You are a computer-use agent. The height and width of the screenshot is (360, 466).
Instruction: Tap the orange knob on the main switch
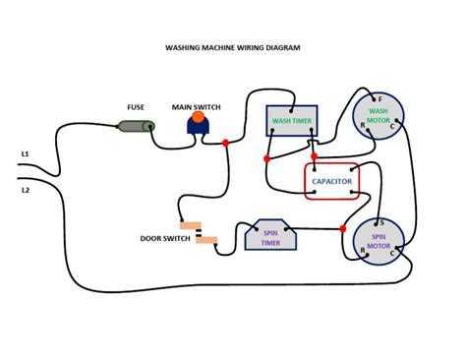tap(197, 118)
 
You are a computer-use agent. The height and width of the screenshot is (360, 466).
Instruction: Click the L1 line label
tap(26, 155)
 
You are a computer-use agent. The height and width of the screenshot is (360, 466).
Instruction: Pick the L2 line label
tap(26, 189)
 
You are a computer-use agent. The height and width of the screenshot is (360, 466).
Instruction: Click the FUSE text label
tap(137, 106)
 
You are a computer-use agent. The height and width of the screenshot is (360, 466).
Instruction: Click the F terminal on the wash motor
tap(379, 99)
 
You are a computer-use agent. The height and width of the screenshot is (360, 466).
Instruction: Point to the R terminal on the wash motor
tap(361, 128)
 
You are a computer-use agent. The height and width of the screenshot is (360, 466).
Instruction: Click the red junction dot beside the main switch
tap(226, 143)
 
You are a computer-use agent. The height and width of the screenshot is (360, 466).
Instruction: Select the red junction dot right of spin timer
tap(343, 229)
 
